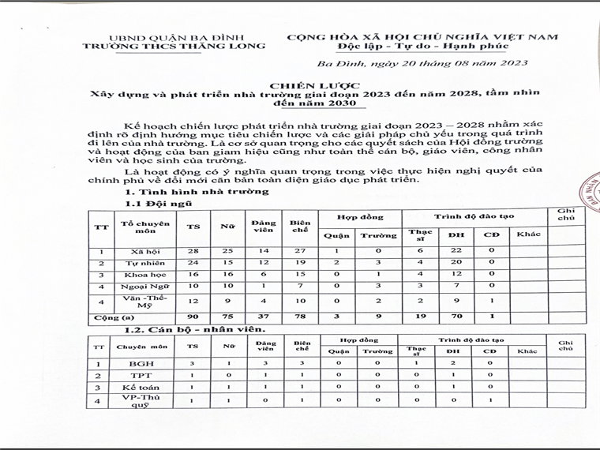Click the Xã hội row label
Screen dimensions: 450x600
144,250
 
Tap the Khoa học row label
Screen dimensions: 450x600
144,272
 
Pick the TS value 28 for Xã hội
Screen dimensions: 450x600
192,250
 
